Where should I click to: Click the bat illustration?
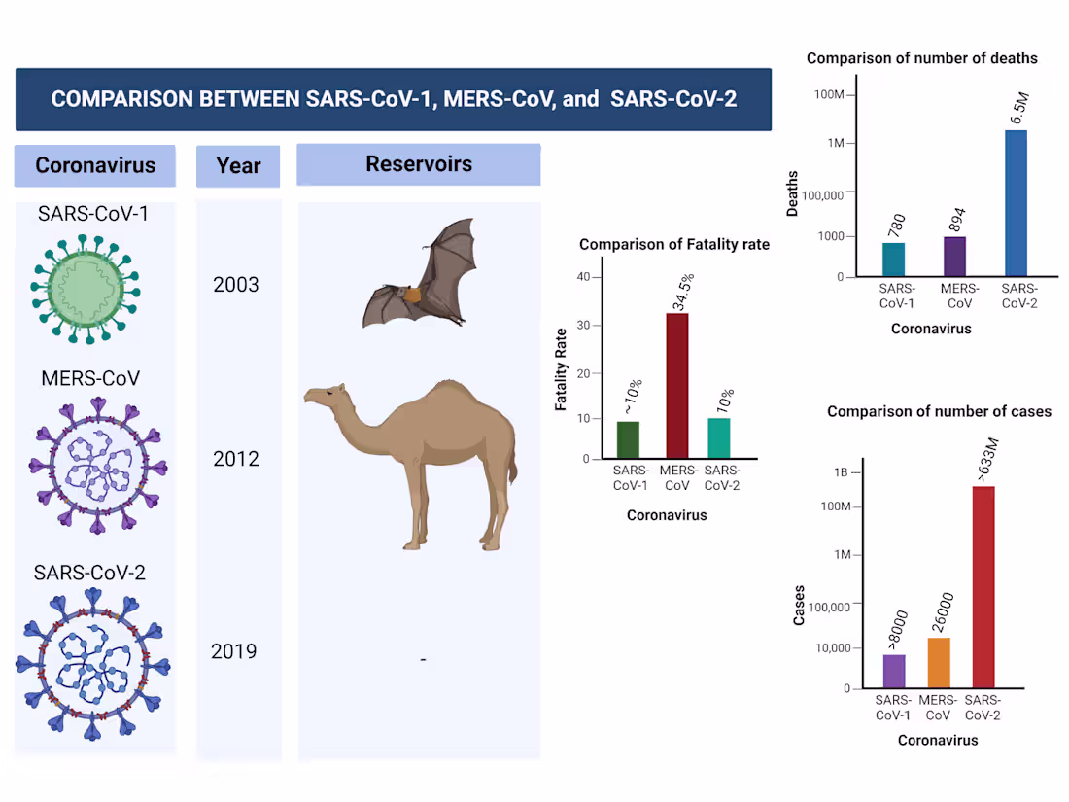point(420,277)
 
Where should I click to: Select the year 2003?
point(236,285)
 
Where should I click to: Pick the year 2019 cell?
point(234,650)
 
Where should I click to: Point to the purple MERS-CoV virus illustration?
point(96,466)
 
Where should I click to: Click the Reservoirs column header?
point(419,164)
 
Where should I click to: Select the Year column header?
point(238,165)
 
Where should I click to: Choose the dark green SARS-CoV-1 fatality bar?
point(628,439)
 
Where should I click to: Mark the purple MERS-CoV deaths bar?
point(954,257)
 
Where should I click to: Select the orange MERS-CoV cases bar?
point(938,662)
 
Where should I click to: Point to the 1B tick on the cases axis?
point(841,472)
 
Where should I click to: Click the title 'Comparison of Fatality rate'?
point(674,245)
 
